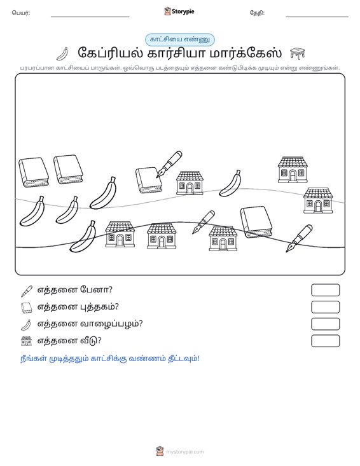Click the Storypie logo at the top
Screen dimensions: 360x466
[x=179, y=11]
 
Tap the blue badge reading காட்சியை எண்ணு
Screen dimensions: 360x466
[x=180, y=39]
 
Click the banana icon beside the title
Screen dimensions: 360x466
[x=63, y=54]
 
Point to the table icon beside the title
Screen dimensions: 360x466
[x=297, y=53]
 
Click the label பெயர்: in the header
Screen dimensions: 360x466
[x=21, y=13]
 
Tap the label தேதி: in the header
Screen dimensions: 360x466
[x=257, y=13]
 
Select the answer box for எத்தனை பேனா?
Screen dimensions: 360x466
[x=325, y=290]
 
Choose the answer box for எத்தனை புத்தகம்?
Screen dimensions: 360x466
[x=325, y=307]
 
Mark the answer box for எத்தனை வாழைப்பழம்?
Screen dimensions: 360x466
[x=325, y=324]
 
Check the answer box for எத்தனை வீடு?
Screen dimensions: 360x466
[x=325, y=341]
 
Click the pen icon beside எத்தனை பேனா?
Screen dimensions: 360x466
[x=27, y=291]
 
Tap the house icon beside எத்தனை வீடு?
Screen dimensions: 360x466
[x=27, y=341]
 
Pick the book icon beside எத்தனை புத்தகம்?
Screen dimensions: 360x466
[x=27, y=308]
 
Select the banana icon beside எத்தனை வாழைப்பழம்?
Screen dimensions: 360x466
[x=26, y=324]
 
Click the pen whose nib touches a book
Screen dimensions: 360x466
[x=169, y=165]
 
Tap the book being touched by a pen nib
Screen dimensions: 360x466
[x=149, y=180]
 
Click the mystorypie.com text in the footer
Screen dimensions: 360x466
[x=185, y=452]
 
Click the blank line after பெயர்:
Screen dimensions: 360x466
[x=90, y=17]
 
